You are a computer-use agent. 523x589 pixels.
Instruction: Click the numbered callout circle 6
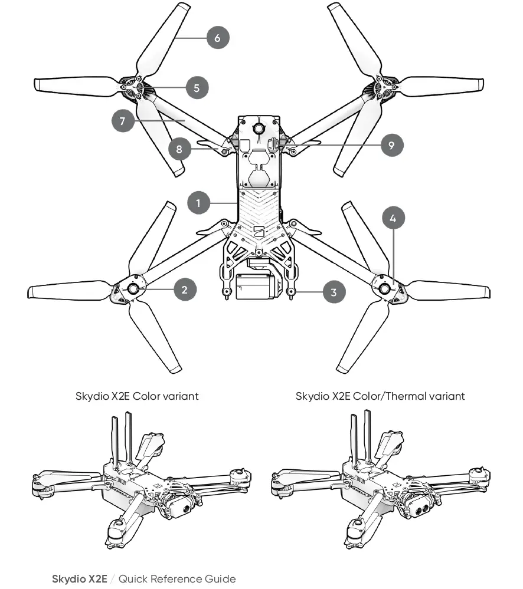217,38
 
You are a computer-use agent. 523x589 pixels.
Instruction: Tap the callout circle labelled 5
197,88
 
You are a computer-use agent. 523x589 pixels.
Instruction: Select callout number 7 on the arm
122,121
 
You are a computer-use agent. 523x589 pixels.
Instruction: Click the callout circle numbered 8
179,149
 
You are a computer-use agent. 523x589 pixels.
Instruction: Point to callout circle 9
392,144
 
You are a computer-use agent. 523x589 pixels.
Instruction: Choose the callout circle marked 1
199,203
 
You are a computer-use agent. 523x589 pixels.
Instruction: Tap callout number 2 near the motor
185,289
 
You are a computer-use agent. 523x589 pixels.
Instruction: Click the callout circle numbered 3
334,292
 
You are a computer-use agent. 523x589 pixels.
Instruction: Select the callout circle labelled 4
394,218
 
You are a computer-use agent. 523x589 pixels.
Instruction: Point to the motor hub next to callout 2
132,288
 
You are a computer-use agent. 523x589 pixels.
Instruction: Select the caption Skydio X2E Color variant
137,396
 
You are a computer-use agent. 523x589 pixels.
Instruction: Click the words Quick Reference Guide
177,578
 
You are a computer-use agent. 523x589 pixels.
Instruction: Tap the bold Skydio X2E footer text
80,578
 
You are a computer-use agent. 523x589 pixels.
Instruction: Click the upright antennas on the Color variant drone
122,439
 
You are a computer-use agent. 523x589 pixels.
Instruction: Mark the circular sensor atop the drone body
259,129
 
